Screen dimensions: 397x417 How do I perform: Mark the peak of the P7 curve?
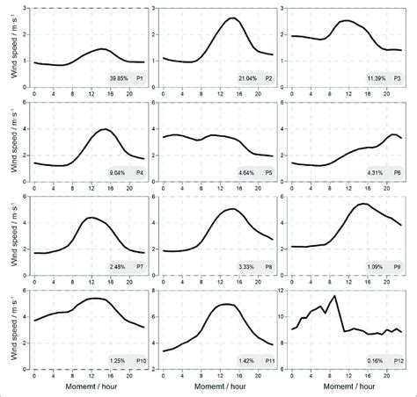pyautogui.click(x=90, y=217)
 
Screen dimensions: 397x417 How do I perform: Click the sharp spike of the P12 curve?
pyautogui.click(x=359, y=296)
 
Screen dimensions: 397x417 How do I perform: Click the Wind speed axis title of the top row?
pyautogui.click(x=10, y=47)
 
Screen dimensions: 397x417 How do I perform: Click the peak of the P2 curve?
pyautogui.click(x=233, y=18)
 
